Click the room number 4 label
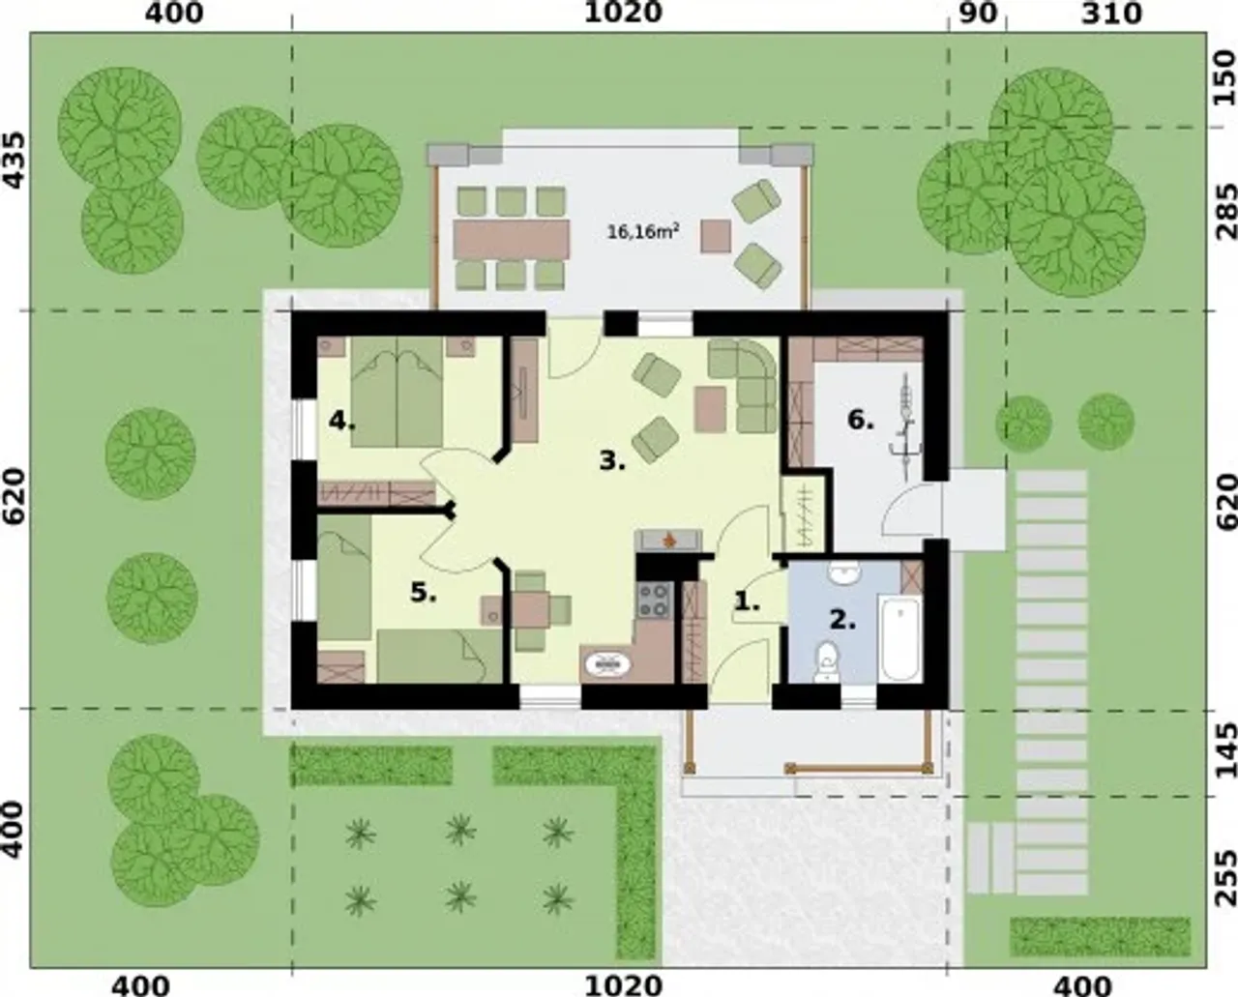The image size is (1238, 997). (x=341, y=423)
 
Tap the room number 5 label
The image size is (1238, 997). (x=423, y=593)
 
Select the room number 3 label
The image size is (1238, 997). (x=612, y=461)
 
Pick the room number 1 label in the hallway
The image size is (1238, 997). (x=748, y=601)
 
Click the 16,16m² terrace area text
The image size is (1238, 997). (x=643, y=231)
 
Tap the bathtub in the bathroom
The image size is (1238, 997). (x=900, y=639)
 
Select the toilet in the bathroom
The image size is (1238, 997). (x=827, y=662)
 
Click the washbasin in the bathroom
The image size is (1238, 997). (x=844, y=573)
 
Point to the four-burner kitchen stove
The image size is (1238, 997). (x=654, y=601)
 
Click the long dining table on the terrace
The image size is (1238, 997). (x=511, y=239)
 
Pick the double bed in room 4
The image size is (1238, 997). (x=397, y=392)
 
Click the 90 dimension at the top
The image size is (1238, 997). (x=978, y=14)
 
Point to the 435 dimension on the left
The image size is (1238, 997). (x=15, y=161)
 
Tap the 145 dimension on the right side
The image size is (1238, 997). (x=1225, y=749)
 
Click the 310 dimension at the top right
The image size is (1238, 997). (x=1111, y=14)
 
